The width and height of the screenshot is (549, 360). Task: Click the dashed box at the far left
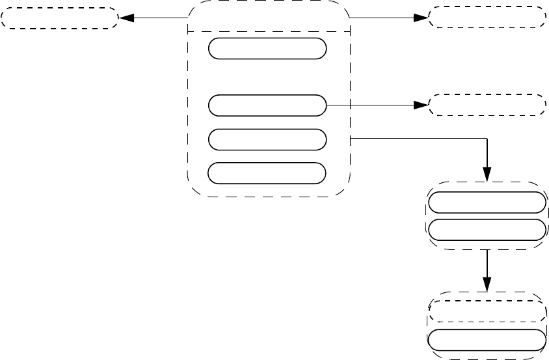tap(59, 18)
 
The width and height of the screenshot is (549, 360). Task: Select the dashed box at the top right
tap(487, 17)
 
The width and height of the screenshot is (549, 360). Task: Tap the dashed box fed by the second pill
tap(487, 105)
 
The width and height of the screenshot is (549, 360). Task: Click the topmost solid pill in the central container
tap(267, 49)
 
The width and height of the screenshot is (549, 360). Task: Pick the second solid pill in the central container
tap(267, 105)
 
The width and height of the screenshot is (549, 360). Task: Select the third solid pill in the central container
tap(267, 139)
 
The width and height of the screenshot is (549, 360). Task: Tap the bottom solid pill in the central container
tap(267, 173)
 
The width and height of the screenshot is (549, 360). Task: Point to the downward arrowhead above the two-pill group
tap(487, 174)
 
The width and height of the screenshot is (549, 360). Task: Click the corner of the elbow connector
tap(487, 138)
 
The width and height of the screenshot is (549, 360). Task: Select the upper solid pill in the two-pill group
tap(486, 202)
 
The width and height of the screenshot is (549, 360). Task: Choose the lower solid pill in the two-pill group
tap(486, 230)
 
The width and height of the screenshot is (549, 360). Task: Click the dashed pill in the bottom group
tap(486, 311)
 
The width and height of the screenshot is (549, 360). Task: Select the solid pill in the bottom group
tap(486, 340)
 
